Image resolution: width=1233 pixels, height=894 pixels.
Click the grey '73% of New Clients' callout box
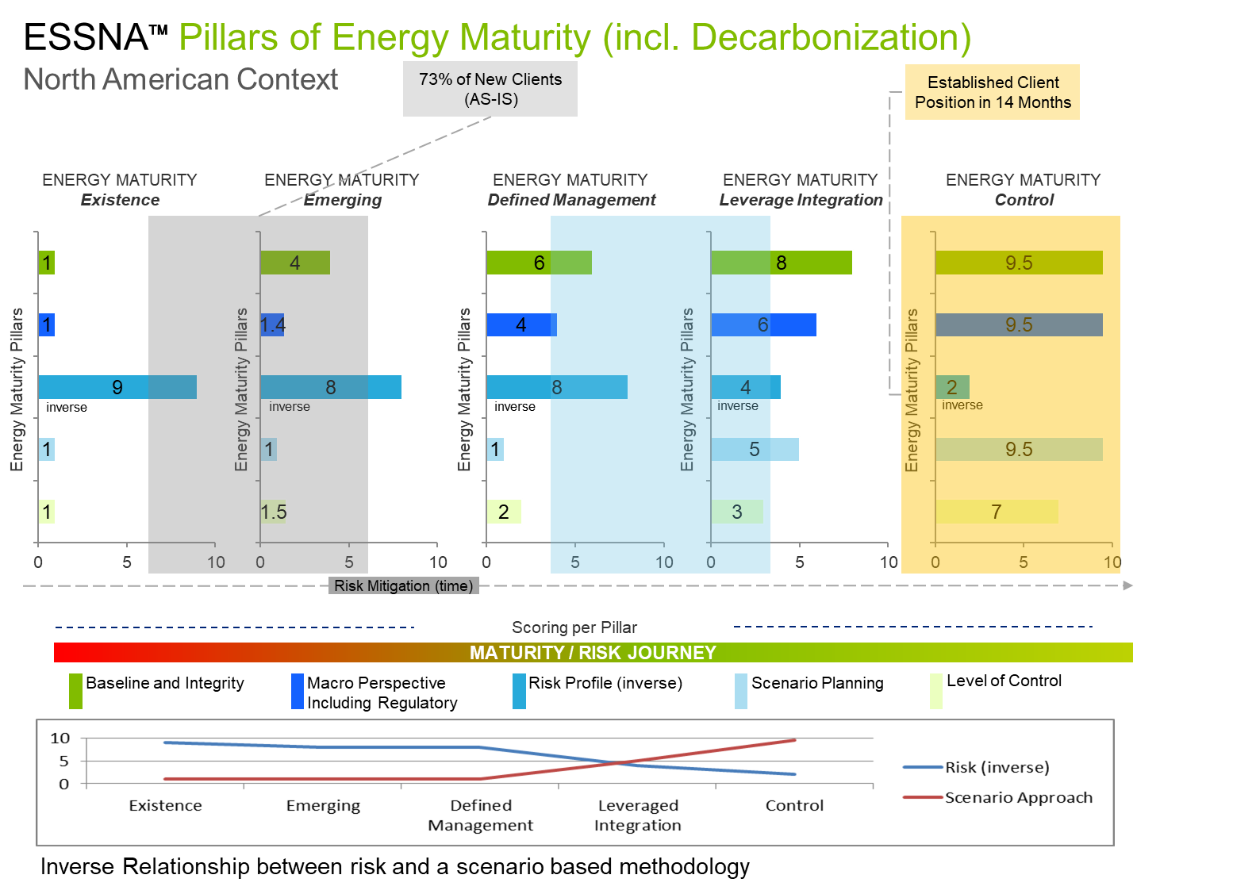point(490,90)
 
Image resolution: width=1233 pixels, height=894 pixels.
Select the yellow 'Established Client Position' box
point(993,93)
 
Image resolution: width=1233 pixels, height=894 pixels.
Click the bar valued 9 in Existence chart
point(117,387)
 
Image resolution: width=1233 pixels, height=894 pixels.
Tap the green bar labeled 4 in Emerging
point(295,263)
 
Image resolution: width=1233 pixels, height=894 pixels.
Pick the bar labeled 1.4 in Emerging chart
point(272,324)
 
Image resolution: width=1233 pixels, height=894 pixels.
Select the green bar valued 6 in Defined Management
point(539,263)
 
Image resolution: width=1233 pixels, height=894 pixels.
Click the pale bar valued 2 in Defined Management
point(504,512)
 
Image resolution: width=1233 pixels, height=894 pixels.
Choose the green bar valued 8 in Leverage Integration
point(782,263)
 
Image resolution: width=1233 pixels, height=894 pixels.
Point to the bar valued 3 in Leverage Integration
point(737,512)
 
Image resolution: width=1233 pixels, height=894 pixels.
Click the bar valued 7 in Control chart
point(997,512)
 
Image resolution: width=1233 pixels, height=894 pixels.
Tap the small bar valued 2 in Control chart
point(952,387)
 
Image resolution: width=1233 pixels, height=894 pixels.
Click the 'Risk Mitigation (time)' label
point(403,586)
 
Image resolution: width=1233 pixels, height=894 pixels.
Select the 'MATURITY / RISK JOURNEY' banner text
point(593,653)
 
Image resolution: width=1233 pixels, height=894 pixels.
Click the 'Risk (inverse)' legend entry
point(997,767)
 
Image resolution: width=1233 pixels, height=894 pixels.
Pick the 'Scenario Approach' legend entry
point(1018,797)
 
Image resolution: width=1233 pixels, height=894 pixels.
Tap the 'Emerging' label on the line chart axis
point(323,806)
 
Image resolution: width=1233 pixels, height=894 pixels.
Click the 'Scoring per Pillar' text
point(574,627)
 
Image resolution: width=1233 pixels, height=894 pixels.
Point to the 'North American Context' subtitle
point(181,79)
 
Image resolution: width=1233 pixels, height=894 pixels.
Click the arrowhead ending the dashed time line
point(1128,586)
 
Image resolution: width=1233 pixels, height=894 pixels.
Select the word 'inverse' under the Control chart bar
point(962,405)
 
